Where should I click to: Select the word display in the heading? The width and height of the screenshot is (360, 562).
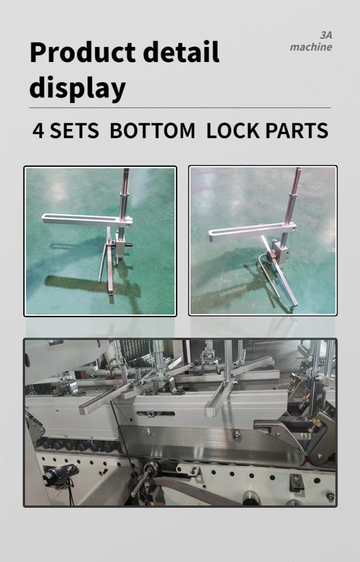(x=78, y=88)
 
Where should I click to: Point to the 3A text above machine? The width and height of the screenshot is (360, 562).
(x=326, y=35)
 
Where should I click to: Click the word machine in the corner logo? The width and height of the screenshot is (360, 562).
(x=311, y=47)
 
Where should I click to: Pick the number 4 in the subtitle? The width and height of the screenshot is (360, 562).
(x=38, y=131)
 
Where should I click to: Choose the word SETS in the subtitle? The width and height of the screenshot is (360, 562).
(x=74, y=131)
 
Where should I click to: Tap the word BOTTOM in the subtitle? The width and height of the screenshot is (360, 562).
(x=152, y=131)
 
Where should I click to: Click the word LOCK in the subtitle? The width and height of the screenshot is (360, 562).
(x=233, y=131)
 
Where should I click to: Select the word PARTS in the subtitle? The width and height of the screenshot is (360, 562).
(x=297, y=131)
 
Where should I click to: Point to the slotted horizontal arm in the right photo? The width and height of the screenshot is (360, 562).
(x=253, y=231)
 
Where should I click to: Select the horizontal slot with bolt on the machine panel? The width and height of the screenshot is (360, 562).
(x=156, y=414)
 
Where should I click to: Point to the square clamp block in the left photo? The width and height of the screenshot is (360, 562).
(x=121, y=248)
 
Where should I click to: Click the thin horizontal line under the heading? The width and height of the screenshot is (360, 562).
(x=179, y=107)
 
